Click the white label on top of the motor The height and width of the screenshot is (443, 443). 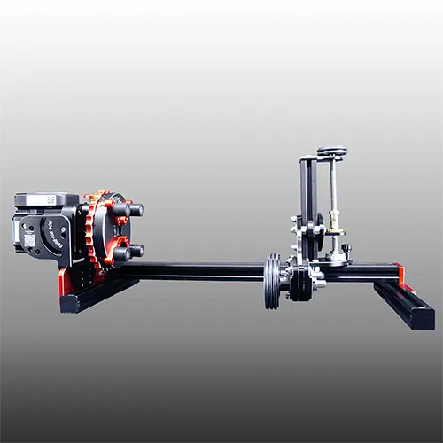(45, 199)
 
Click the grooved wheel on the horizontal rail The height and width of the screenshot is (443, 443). (272, 282)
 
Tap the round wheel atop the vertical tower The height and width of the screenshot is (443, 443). (332, 152)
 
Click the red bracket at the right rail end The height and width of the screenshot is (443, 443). (400, 273)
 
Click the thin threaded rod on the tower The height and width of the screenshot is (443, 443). (333, 190)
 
